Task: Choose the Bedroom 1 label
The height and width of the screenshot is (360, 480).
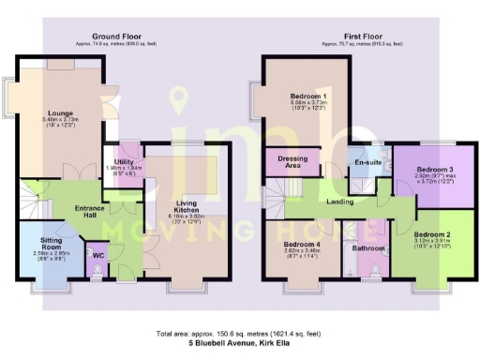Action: [x=307, y=97]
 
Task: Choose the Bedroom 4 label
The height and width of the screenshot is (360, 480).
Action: [x=302, y=246]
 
